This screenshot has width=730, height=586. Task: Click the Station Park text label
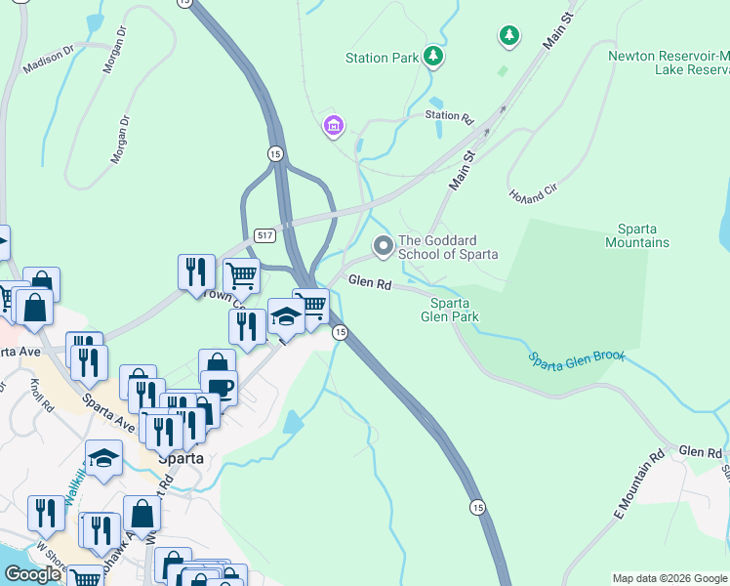[x=382, y=58]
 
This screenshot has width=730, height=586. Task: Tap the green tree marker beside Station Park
[x=433, y=57]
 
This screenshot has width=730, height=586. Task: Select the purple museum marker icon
[x=334, y=125]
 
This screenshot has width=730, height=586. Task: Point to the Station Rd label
[x=449, y=115]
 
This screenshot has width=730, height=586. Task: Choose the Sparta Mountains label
[x=637, y=235]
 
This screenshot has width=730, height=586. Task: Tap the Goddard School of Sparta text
[x=448, y=248]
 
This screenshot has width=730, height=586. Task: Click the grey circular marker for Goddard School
[x=384, y=246]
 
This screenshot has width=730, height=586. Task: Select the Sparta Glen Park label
[x=450, y=310]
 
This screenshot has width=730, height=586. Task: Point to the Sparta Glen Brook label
[x=576, y=358]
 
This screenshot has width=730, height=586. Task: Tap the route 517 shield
[x=264, y=235]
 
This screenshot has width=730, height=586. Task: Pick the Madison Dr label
[x=49, y=59]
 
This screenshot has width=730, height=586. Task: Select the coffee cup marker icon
[x=219, y=387]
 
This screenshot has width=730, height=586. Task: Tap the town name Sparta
[x=182, y=457]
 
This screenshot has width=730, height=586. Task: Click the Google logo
[x=32, y=574]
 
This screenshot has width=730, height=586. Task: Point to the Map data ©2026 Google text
[x=669, y=578]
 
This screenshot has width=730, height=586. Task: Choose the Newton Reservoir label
[x=668, y=63]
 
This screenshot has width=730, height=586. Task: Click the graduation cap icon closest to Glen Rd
[x=285, y=315]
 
